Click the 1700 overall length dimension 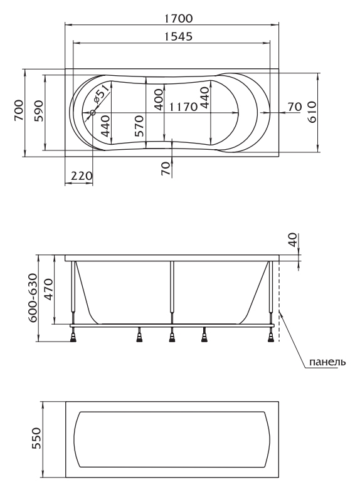click(x=179, y=18)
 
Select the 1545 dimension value click(x=179, y=36)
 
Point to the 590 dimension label click(x=38, y=110)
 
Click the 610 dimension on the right click(x=312, y=112)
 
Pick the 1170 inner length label click(x=183, y=107)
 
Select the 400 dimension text click(x=159, y=100)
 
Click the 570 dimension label click(x=139, y=126)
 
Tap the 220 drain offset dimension click(x=82, y=175)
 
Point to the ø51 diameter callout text click(x=102, y=95)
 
